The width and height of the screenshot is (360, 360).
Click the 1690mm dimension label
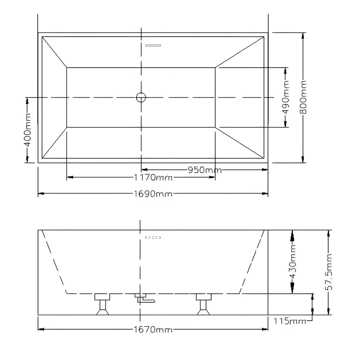click(x=153, y=194)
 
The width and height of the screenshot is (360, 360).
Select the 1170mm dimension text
click(x=153, y=177)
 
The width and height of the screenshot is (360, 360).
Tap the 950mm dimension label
click(x=205, y=170)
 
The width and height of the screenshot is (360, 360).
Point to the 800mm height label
click(x=303, y=97)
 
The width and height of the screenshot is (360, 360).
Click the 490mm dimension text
click(x=285, y=97)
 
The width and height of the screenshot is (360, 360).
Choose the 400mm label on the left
click(x=28, y=130)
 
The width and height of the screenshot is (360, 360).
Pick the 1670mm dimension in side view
click(x=153, y=330)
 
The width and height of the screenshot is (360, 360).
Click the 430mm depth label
click(x=293, y=262)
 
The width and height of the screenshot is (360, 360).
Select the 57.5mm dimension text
click(x=329, y=272)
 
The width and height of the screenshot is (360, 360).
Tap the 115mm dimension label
click(x=290, y=321)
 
